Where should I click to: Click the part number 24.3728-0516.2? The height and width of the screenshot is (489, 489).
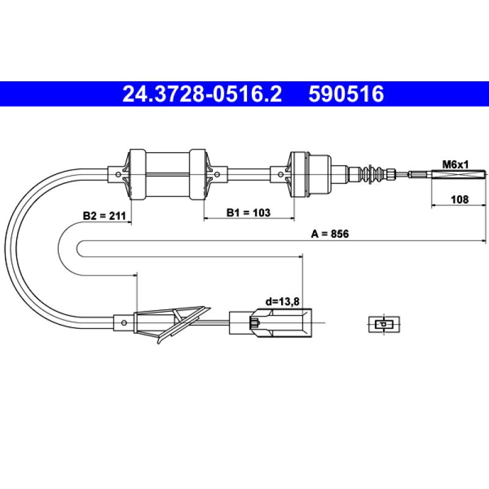[x=202, y=94]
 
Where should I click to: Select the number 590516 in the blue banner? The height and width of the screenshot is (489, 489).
[x=346, y=94]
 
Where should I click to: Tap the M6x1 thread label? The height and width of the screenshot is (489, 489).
[x=455, y=164]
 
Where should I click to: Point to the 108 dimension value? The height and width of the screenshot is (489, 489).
[x=460, y=199]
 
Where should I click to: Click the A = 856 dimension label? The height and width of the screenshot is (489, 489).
[x=330, y=233]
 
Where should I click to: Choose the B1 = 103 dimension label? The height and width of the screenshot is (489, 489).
[x=248, y=213]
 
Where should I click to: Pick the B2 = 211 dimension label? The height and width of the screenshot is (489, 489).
[x=104, y=216]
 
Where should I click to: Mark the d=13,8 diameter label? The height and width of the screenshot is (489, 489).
[x=282, y=301]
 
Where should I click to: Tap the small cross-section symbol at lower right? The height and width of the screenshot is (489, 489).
[x=384, y=325]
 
